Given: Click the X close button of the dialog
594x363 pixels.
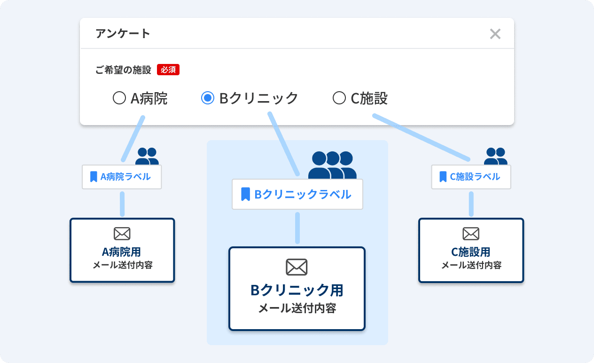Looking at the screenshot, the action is coord(495,34).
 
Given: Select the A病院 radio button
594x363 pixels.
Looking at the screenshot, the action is coord(119,98).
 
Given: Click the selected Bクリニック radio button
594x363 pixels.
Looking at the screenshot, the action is coord(208,98).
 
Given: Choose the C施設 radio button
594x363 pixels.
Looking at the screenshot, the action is coord(339,98).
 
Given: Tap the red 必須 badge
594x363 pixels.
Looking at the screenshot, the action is coord(168,70).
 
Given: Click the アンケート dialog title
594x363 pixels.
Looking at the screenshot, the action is coord(123,34).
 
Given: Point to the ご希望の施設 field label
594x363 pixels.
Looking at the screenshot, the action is coord(123,70).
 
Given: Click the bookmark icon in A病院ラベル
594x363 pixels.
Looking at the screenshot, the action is coord(94,176).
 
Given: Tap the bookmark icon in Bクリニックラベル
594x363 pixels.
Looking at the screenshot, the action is coord(246,194).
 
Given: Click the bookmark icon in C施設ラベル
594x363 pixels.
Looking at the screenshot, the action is coord(443,176).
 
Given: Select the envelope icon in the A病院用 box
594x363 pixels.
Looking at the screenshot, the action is coord(122,234).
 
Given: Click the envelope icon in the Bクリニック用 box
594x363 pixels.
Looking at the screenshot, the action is coord(297,267).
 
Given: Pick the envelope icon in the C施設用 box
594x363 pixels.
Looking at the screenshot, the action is coord(471,234).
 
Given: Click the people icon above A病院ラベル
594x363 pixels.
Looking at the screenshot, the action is coord(147,156).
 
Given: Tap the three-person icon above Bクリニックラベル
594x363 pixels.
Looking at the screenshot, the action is coord(332,165).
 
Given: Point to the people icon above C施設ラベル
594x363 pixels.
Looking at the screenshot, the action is coord(496,156).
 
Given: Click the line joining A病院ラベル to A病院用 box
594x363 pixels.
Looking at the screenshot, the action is coord(122,204).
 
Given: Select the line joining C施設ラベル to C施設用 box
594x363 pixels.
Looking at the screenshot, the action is coord(471,204).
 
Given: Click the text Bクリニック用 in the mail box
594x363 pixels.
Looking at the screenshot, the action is coord(297,290).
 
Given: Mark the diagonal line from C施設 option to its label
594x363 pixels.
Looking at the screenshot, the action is coord(422,137).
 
